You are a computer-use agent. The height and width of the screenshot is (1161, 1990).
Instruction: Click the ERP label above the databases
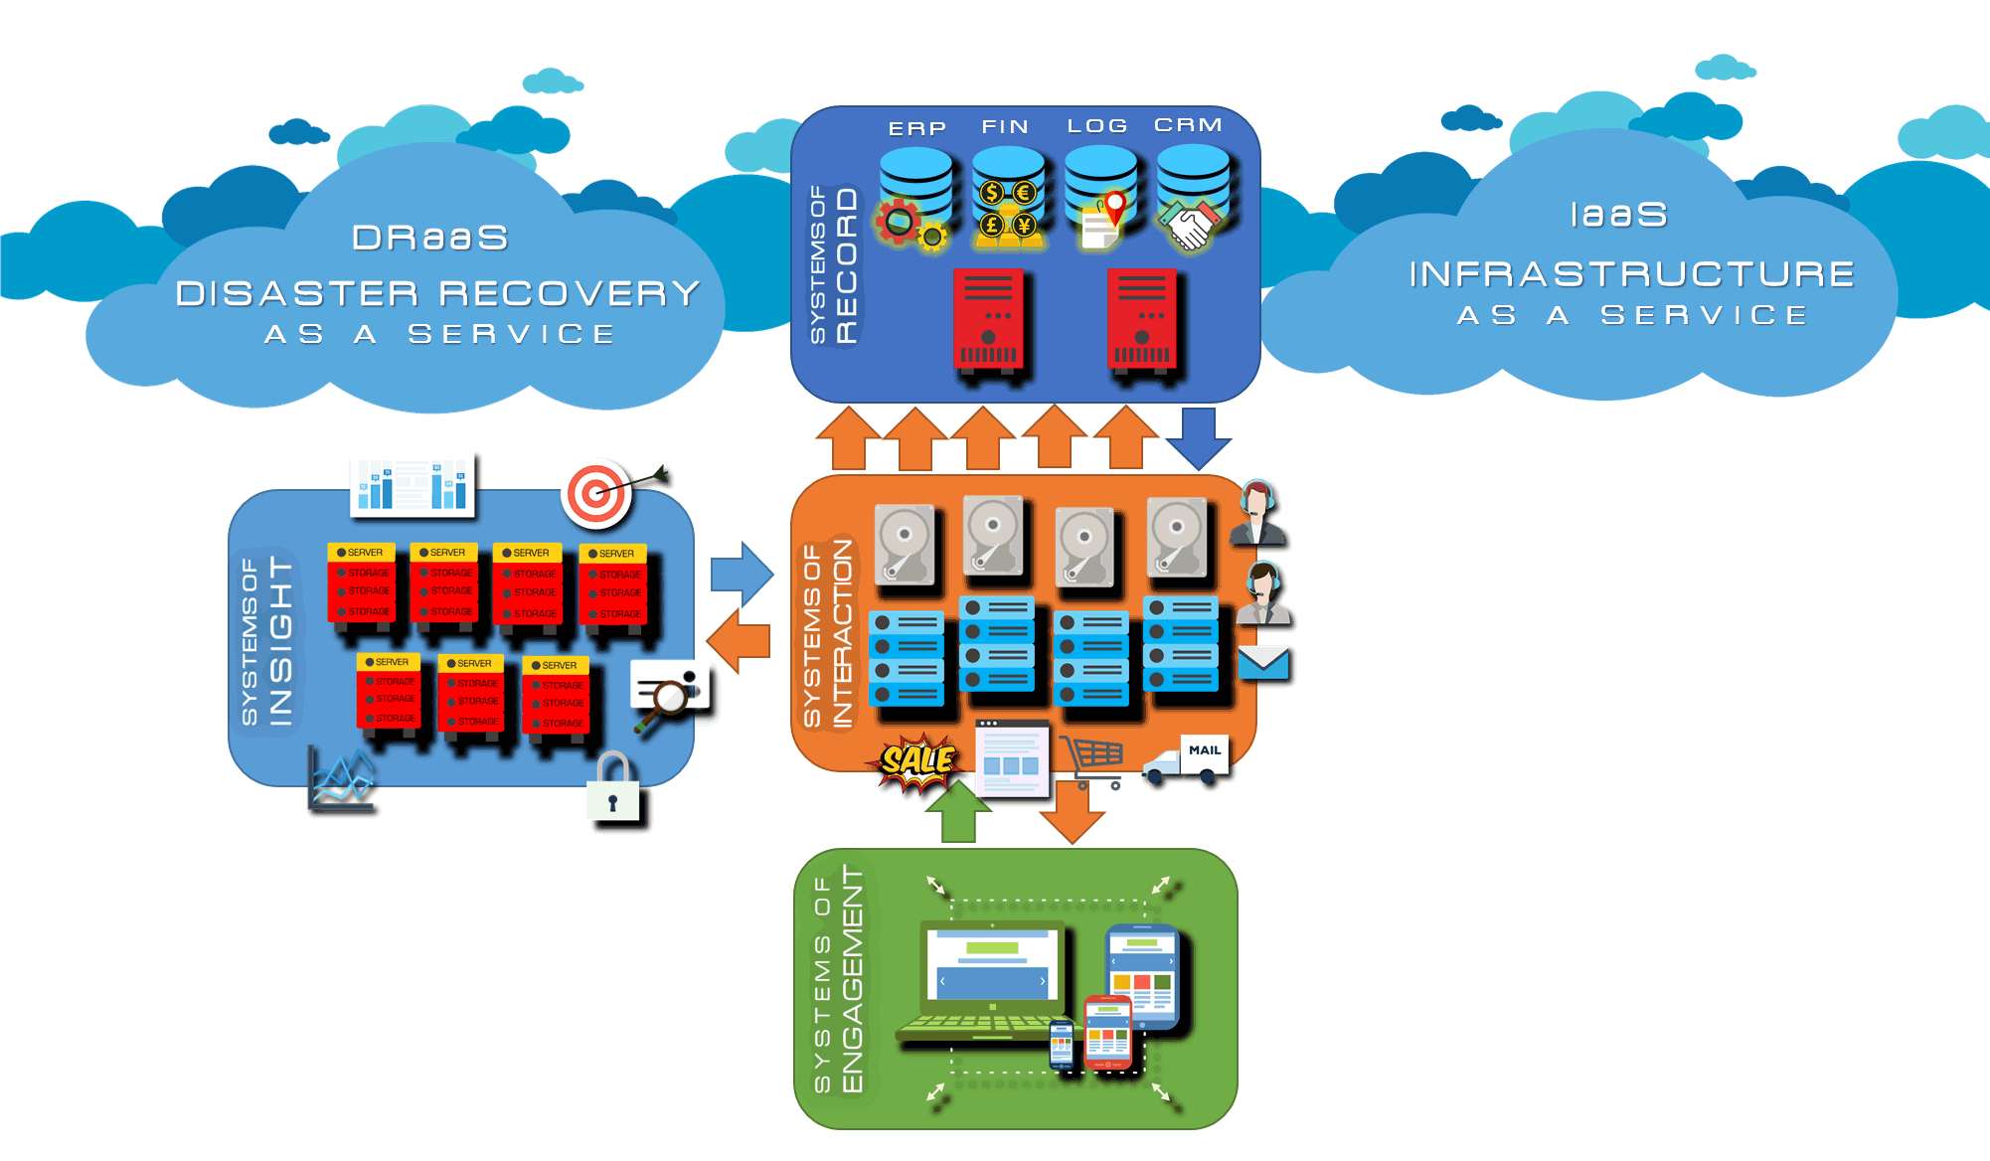click(x=916, y=128)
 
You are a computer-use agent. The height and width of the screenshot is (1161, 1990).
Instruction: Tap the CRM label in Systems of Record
click(x=1188, y=125)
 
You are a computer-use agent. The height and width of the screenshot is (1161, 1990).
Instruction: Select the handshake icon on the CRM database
click(x=1191, y=225)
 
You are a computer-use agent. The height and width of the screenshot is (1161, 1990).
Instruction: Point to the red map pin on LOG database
click(x=1116, y=207)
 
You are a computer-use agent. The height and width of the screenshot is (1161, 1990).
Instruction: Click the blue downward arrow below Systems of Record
click(x=1199, y=437)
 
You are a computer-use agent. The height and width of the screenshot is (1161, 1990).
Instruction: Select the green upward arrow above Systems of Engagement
click(x=958, y=811)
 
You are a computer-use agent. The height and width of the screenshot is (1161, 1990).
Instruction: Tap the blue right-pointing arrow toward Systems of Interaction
click(x=742, y=575)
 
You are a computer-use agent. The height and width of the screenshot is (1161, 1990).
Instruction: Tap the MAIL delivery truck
click(x=1188, y=761)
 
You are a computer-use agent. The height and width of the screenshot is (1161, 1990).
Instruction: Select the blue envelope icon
click(x=1263, y=663)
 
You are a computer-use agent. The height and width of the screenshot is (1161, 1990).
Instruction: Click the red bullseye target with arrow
click(x=599, y=492)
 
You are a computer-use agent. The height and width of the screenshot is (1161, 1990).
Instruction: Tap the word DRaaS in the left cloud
click(x=430, y=238)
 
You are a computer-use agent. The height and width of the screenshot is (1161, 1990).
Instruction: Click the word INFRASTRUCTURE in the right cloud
click(x=1631, y=273)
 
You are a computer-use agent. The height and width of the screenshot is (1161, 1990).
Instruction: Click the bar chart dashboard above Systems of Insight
click(x=413, y=485)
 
